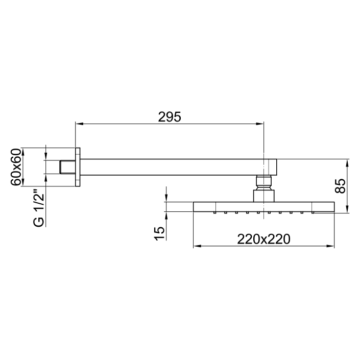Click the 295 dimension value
[169, 116]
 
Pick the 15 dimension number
[159, 233]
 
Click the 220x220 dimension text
[263, 239]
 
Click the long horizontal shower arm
[174, 167]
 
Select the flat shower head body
[263, 206]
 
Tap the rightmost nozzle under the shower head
[311, 212]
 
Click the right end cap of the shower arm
[274, 167]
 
